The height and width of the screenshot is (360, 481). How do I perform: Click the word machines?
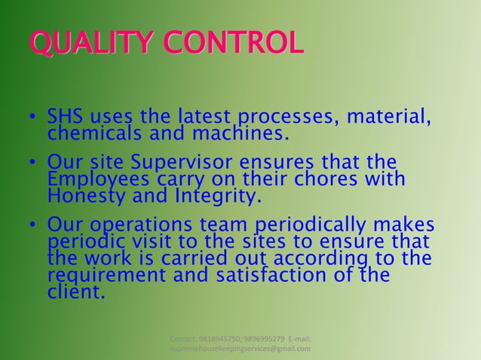pyautogui.click(x=240, y=134)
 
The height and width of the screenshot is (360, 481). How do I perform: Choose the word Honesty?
pyautogui.click(x=87, y=197)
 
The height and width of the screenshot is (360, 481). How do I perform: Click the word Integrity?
pyautogui.click(x=219, y=197)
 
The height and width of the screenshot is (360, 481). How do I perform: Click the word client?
pyautogui.click(x=75, y=291)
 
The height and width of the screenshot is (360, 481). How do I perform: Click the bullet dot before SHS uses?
pyautogui.click(x=33, y=119)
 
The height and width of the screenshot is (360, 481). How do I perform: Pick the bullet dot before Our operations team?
pyautogui.click(x=33, y=227)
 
